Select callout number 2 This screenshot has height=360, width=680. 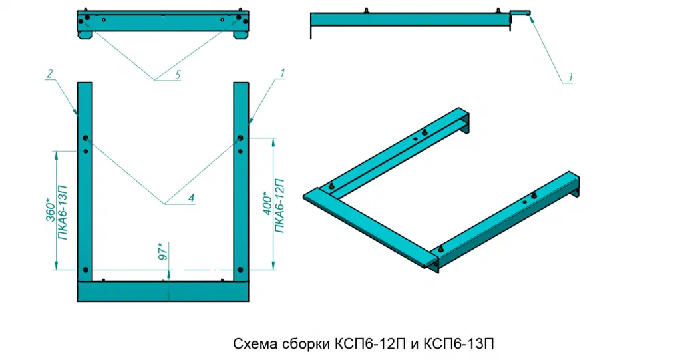(x=49, y=73)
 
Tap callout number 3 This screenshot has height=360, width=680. (x=569, y=78)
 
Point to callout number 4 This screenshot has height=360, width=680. (x=190, y=198)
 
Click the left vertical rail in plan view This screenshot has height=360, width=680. (x=85, y=180)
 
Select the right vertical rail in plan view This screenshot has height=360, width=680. (x=241, y=180)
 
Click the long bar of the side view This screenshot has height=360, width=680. (x=409, y=19)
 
